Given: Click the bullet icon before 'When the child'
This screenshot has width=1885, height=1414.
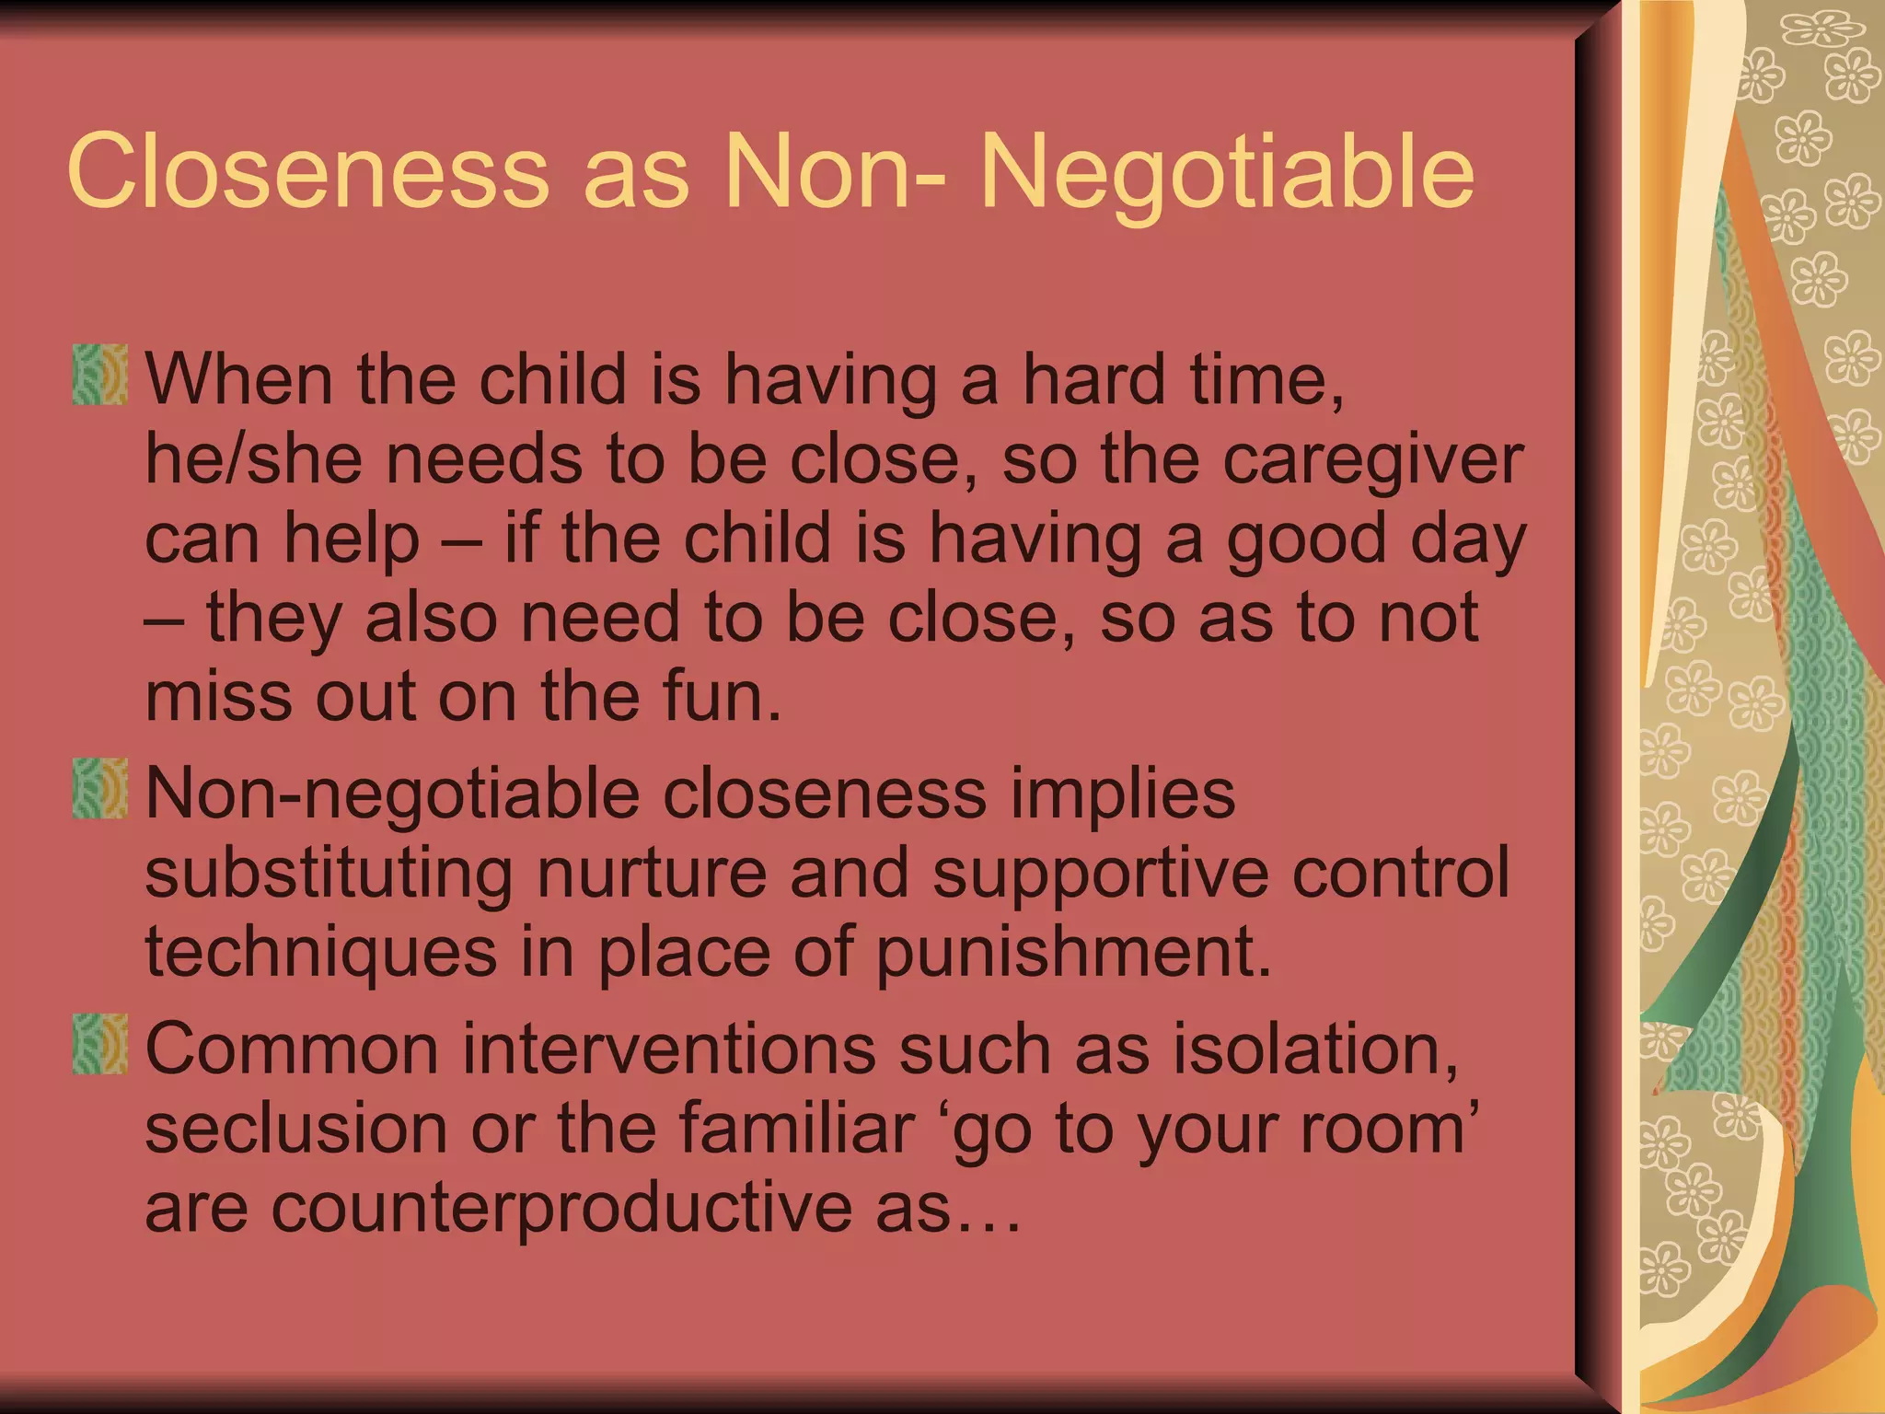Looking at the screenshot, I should tap(99, 375).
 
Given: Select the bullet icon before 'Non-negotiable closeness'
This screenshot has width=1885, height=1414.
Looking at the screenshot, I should tap(99, 788).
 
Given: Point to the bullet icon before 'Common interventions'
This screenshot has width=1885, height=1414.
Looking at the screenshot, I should tap(99, 1044).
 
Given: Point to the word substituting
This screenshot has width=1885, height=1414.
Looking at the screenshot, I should tap(329, 873).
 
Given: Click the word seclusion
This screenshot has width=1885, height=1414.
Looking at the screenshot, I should tap(296, 1129).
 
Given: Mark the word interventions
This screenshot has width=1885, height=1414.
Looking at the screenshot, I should tap(668, 1049).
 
